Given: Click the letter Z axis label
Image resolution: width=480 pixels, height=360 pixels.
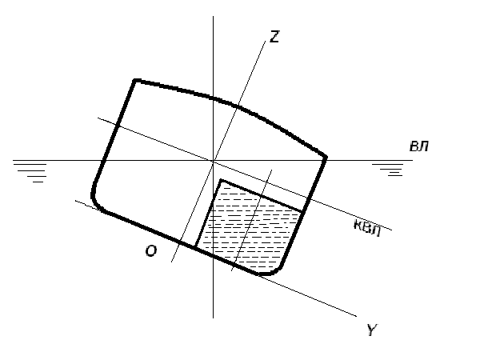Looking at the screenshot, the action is [x=274, y=37].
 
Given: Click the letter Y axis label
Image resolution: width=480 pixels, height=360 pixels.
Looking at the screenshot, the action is [x=372, y=330].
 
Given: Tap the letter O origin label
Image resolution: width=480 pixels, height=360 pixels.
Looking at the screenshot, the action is [x=151, y=251].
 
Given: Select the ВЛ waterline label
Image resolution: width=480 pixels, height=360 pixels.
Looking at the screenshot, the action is [x=419, y=146].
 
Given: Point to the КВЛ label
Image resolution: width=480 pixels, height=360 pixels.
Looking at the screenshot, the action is [x=367, y=228].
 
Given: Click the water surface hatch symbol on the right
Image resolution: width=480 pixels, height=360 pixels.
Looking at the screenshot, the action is [x=388, y=170].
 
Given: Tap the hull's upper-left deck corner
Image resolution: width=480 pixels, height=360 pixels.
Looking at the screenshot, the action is [x=135, y=81].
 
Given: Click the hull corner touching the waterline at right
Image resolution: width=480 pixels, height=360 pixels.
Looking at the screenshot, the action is [x=325, y=158].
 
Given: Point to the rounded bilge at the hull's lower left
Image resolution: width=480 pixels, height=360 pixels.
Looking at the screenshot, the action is [x=96, y=202].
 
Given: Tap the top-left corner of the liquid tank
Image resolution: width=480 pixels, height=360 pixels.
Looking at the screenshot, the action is [x=221, y=182].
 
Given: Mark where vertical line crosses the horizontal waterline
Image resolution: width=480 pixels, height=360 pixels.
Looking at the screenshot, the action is [x=213, y=160].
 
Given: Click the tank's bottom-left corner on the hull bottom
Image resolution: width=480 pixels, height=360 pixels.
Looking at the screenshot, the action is [x=196, y=246].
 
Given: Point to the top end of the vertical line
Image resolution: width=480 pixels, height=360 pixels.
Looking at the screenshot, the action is [x=213, y=16].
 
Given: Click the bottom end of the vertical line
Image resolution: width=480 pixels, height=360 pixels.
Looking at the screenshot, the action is [x=213, y=318].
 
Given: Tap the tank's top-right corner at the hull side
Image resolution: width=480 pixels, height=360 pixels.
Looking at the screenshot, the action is [x=302, y=211].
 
